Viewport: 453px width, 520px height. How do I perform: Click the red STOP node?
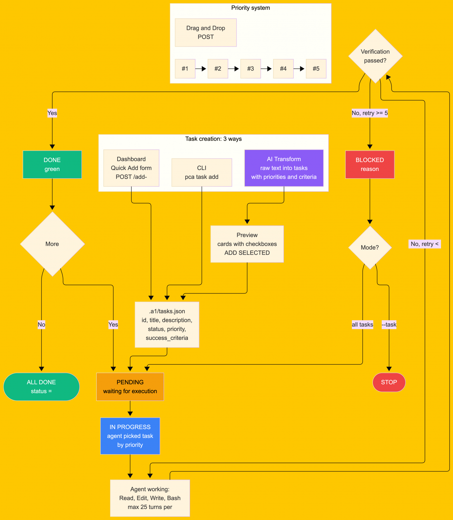click(x=389, y=382)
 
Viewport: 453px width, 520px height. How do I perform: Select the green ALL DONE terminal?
click(x=41, y=387)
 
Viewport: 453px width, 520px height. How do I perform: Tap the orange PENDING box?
click(x=130, y=387)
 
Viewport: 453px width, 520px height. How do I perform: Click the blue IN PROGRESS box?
click(x=130, y=436)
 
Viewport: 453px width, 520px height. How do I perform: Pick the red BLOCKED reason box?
click(x=370, y=164)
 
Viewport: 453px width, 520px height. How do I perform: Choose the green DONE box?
click(x=52, y=164)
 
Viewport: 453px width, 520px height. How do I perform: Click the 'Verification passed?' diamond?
click(x=375, y=56)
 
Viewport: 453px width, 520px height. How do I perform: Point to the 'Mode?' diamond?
click(x=370, y=247)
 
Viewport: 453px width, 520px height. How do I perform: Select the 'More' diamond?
click(x=52, y=244)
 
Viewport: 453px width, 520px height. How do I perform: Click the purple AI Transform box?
click(x=284, y=168)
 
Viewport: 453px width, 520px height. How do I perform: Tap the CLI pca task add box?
click(x=202, y=172)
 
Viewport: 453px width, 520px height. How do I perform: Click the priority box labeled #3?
click(x=251, y=69)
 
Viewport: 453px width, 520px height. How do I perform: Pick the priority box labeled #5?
click(x=316, y=69)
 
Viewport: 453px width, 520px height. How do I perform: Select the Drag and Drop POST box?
click(x=206, y=32)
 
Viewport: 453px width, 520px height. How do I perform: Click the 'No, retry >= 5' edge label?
click(x=370, y=113)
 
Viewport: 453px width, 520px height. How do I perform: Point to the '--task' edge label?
click(x=389, y=325)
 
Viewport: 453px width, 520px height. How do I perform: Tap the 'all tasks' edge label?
click(x=362, y=325)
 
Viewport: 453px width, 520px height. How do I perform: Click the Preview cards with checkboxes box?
click(x=247, y=244)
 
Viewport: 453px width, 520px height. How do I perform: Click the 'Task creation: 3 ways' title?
click(x=213, y=139)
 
